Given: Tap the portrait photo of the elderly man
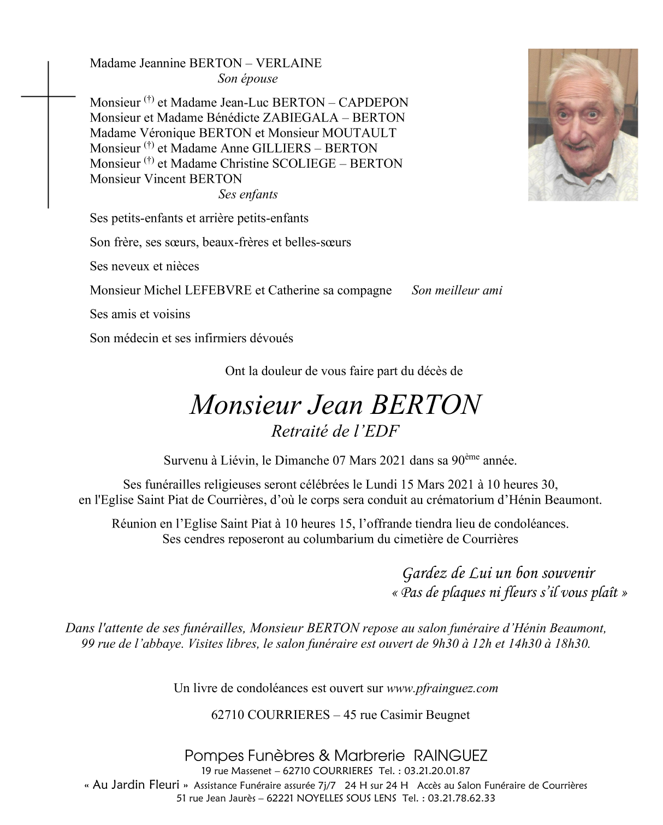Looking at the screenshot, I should pos(582,125).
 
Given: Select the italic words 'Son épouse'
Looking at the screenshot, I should pos(247,79).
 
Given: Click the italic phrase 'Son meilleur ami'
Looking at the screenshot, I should pos(457,290).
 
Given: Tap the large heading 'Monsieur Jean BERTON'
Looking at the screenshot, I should pos(335,405).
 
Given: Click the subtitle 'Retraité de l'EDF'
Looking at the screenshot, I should pos(335,431).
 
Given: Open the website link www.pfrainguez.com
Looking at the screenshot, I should pos(442,688).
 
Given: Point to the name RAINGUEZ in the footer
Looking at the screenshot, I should pos(451,756).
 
